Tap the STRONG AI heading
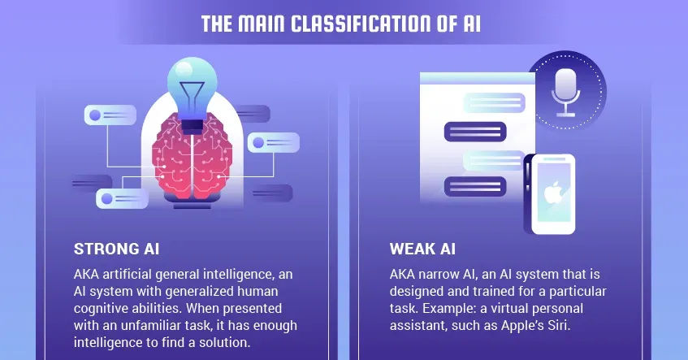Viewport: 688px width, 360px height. pos(115,248)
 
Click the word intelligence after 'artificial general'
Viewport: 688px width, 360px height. pos(259,274)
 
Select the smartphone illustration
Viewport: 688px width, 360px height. pos(549,193)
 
